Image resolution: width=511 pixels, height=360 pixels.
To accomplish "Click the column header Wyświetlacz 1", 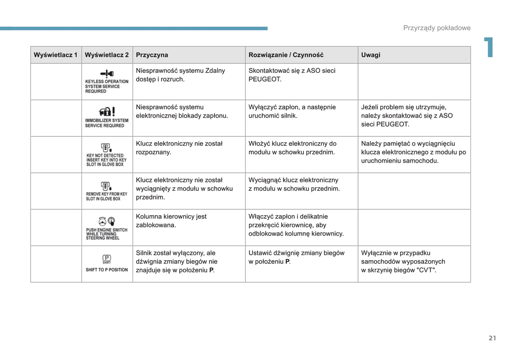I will (x=56, y=55).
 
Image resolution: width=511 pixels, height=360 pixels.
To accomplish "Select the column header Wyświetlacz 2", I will (x=107, y=55).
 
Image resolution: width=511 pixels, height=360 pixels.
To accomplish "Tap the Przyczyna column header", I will (x=152, y=55).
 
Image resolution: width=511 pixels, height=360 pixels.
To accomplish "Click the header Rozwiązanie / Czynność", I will (x=286, y=55).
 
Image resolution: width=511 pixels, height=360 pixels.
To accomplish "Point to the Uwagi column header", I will (x=371, y=55).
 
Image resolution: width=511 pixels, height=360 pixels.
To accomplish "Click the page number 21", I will (x=492, y=338).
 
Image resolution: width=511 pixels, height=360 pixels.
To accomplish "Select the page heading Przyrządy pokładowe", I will (x=437, y=28).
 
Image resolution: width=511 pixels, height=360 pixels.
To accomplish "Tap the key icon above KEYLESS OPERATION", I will (x=107, y=73).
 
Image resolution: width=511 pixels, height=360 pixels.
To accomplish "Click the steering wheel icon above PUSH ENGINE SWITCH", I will (x=103, y=221).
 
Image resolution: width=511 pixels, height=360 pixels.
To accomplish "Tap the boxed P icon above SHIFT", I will (x=107, y=258).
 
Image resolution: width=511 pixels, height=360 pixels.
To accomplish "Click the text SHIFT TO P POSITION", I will (x=107, y=270).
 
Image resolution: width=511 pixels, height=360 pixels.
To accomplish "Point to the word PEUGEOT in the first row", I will (x=265, y=79).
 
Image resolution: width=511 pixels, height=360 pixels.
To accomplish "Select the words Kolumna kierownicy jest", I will (x=171, y=216).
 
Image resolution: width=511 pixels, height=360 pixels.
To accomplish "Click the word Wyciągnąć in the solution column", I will (x=263, y=180).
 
